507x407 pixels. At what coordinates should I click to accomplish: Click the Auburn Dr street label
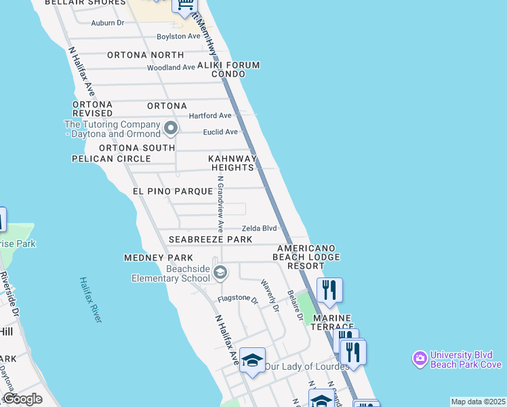(x=108, y=22)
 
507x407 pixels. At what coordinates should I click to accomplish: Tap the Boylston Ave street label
(x=178, y=36)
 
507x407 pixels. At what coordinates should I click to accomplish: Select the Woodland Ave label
(x=171, y=68)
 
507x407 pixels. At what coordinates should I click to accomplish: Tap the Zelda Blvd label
(x=260, y=229)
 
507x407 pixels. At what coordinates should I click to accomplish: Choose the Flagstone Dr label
(x=238, y=299)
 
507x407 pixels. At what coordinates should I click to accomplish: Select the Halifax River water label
(x=90, y=299)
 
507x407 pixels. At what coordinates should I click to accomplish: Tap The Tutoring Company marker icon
(x=170, y=127)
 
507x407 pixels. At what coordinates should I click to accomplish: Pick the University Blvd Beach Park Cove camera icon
(x=420, y=357)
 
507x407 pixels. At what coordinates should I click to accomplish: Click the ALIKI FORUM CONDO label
(x=228, y=70)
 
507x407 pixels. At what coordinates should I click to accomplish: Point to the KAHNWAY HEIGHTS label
(x=232, y=163)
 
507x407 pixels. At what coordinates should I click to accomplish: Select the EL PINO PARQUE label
(x=173, y=192)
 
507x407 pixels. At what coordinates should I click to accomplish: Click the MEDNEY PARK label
(x=159, y=258)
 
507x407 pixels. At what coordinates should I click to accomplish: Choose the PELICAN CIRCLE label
(x=112, y=159)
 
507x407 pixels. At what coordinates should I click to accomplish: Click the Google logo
(x=22, y=399)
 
